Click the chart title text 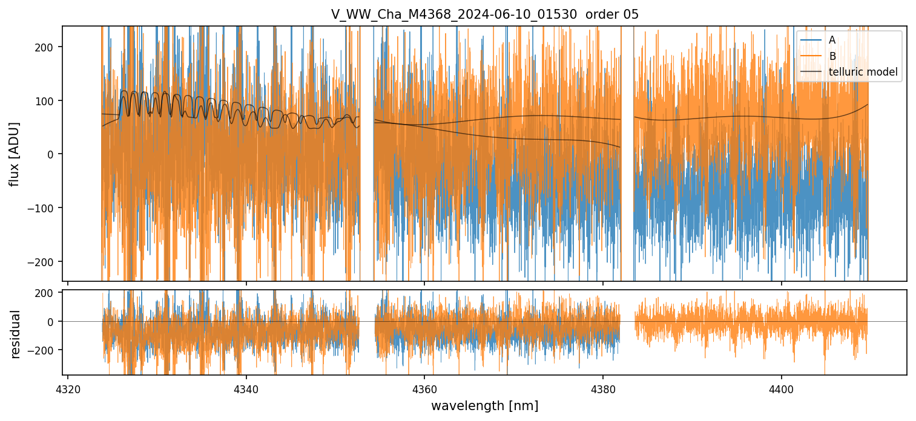click(x=484, y=15)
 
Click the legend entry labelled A click(x=832, y=40)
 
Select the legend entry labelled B click(x=832, y=56)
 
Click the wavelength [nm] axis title click(x=484, y=405)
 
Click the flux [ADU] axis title click(x=15, y=154)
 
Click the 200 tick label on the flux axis click(x=47, y=47)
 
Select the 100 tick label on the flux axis click(x=47, y=100)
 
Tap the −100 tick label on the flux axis click(x=44, y=208)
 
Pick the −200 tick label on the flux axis click(x=44, y=261)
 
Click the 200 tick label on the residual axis click(x=47, y=293)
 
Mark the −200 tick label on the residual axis click(x=44, y=350)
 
